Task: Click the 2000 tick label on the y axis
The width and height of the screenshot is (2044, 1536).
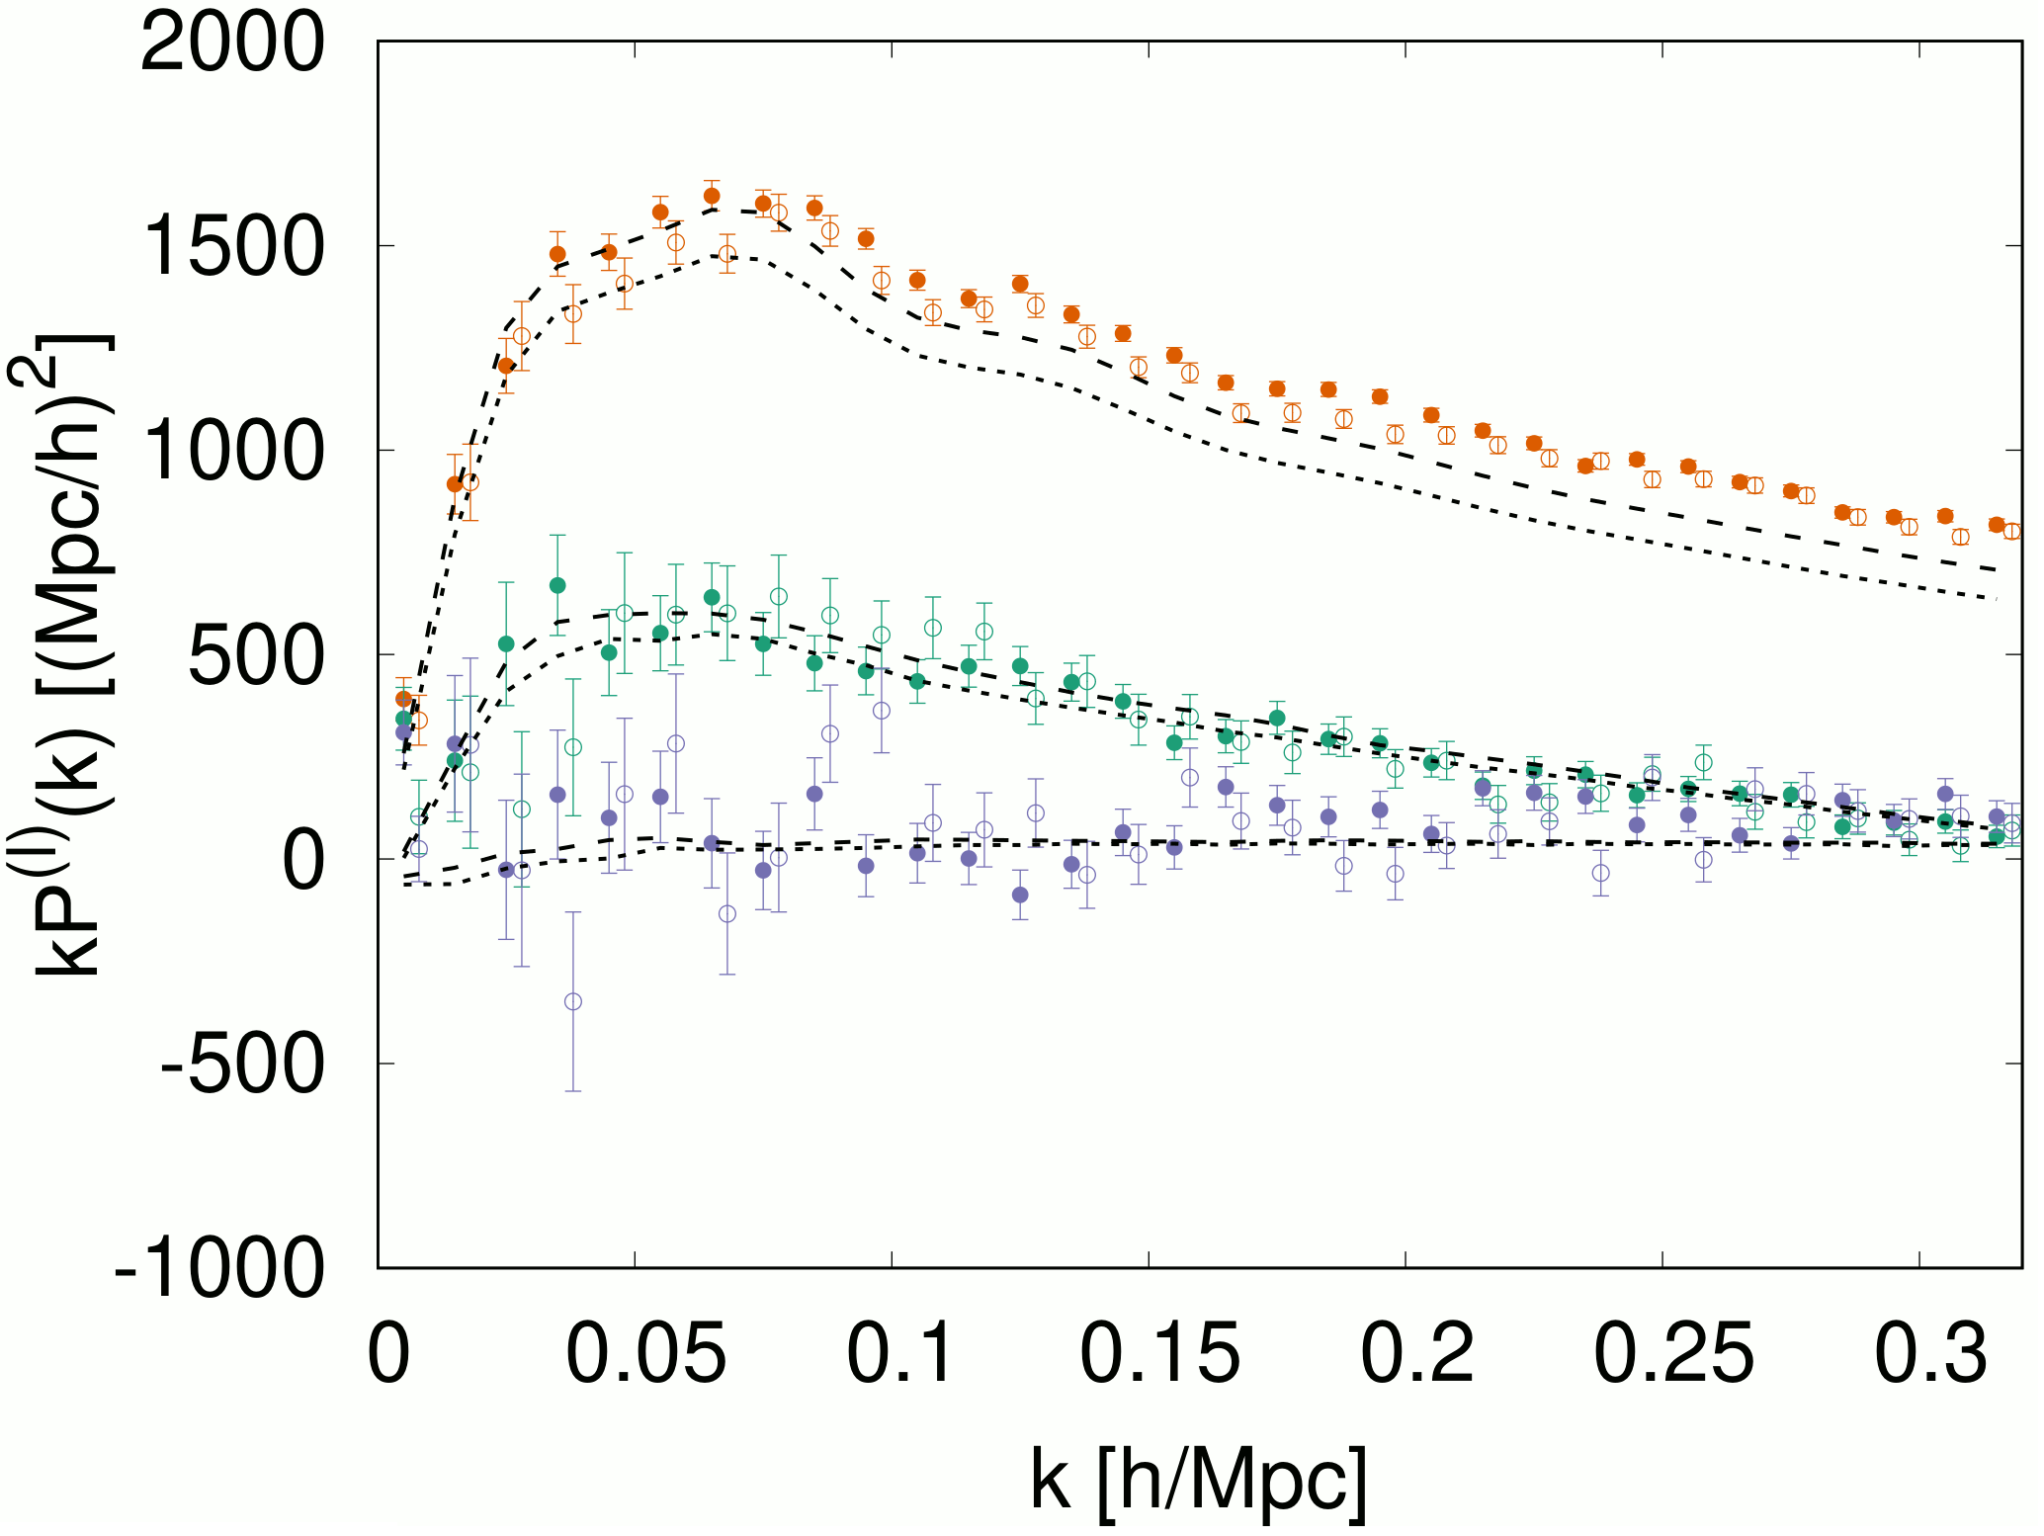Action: pyautogui.click(x=233, y=43)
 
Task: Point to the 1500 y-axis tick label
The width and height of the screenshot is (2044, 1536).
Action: pyautogui.click(x=233, y=247)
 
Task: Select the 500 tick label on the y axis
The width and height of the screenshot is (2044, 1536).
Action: pyautogui.click(x=255, y=655)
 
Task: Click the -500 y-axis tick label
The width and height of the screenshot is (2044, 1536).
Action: pyautogui.click(x=242, y=1065)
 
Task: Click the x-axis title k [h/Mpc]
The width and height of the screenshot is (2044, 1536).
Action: pyautogui.click(x=1199, y=1480)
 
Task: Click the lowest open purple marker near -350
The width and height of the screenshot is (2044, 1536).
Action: pyautogui.click(x=572, y=1001)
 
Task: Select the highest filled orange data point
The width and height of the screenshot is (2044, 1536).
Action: pyautogui.click(x=712, y=196)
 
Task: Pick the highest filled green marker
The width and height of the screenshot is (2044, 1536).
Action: pyautogui.click(x=557, y=585)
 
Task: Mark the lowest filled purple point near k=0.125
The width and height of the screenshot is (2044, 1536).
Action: pyautogui.click(x=1020, y=895)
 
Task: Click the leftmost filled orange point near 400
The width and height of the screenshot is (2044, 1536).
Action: pyautogui.click(x=403, y=699)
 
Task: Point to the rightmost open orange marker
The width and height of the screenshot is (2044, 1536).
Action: pyautogui.click(x=2011, y=532)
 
